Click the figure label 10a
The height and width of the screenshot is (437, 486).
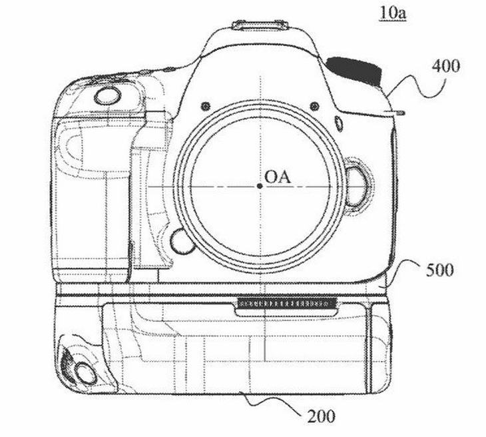click(x=393, y=13)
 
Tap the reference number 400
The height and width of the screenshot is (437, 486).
click(x=445, y=66)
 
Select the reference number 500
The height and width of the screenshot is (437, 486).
click(x=440, y=270)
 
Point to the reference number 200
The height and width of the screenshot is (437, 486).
click(x=321, y=416)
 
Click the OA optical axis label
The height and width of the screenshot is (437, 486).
click(x=278, y=177)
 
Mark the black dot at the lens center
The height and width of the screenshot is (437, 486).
click(x=260, y=186)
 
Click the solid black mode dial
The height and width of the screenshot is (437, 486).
click(x=354, y=71)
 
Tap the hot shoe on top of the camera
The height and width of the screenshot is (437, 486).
click(x=260, y=25)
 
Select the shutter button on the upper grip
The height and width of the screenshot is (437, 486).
click(x=107, y=96)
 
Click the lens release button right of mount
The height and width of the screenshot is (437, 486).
click(x=356, y=187)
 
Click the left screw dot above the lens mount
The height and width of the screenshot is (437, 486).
click(x=206, y=107)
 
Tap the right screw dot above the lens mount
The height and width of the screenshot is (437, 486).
click(x=314, y=106)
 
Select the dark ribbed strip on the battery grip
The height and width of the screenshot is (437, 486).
click(x=287, y=303)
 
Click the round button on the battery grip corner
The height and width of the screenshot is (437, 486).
click(x=85, y=373)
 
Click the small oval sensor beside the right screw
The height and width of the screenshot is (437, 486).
click(x=339, y=124)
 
